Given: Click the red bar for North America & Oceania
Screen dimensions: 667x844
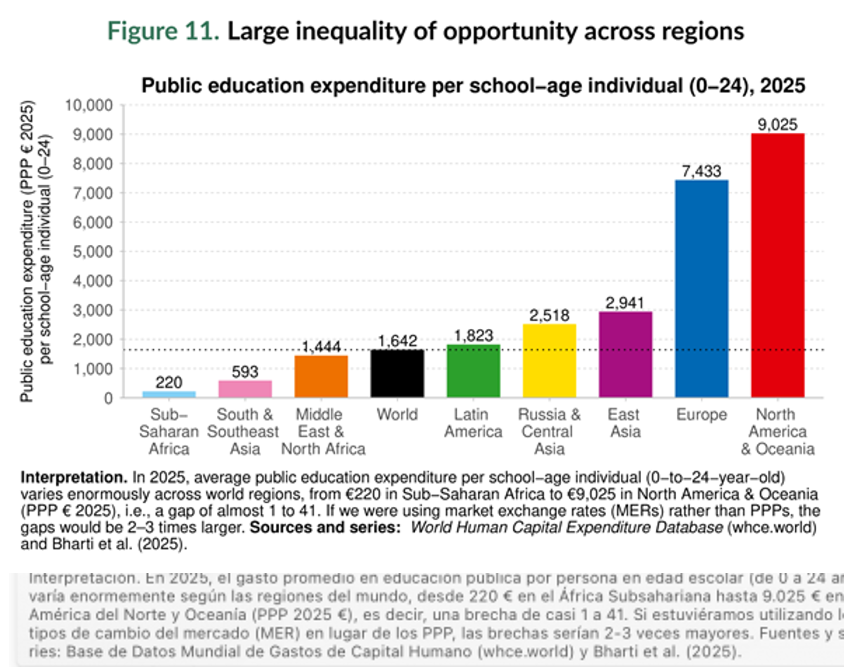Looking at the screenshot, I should click(777, 265).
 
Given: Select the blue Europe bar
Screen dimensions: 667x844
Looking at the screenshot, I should click(701, 289).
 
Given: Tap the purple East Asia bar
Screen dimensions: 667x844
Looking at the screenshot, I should click(625, 355).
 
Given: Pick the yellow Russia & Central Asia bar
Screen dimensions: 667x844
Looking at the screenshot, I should click(549, 361).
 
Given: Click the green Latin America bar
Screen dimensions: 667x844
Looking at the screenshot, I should click(473, 371).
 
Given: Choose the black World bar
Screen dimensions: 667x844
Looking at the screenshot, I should click(397, 374).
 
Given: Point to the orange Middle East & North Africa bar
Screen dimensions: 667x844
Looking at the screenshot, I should click(321, 376).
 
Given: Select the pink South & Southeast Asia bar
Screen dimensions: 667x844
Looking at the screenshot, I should click(245, 389).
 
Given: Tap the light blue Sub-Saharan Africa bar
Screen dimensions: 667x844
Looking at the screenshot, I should click(169, 394).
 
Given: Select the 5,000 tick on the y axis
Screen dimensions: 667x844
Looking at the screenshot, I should click(93, 252).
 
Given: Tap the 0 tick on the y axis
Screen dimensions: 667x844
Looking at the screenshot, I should click(108, 398).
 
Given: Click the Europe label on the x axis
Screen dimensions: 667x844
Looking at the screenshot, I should click(701, 415).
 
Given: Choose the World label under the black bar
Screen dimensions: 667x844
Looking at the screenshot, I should click(397, 415).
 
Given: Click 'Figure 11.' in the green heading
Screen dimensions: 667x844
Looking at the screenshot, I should click(163, 31).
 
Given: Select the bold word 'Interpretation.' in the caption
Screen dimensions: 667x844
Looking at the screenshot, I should click(74, 478).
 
